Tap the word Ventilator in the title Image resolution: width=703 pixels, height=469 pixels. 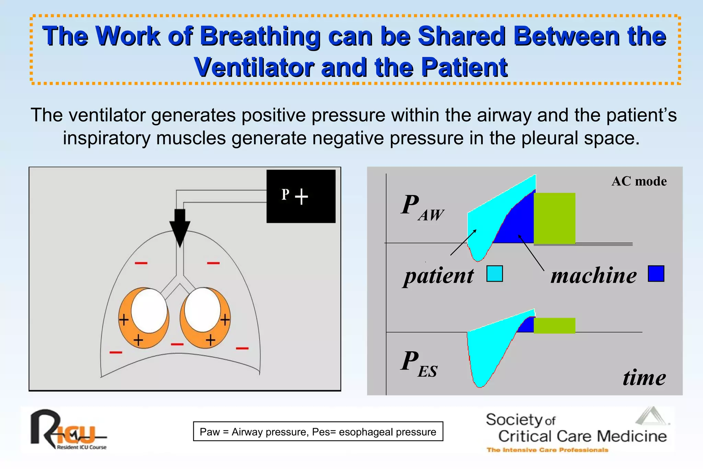click(254, 68)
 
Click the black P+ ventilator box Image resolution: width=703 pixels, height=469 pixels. click(301, 196)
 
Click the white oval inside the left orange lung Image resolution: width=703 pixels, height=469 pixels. click(149, 310)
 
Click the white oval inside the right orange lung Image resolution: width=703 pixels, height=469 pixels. click(202, 310)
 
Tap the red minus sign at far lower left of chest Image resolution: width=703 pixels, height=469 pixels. click(116, 352)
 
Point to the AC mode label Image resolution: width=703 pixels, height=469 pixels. click(639, 181)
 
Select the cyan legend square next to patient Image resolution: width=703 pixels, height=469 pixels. click(494, 274)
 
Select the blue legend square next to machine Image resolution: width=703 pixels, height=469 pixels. click(656, 274)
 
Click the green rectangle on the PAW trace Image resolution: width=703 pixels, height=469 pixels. click(554, 218)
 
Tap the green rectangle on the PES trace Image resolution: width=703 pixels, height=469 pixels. click(554, 325)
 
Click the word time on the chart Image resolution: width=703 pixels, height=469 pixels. click(644, 378)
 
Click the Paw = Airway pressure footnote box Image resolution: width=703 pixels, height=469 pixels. click(318, 432)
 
